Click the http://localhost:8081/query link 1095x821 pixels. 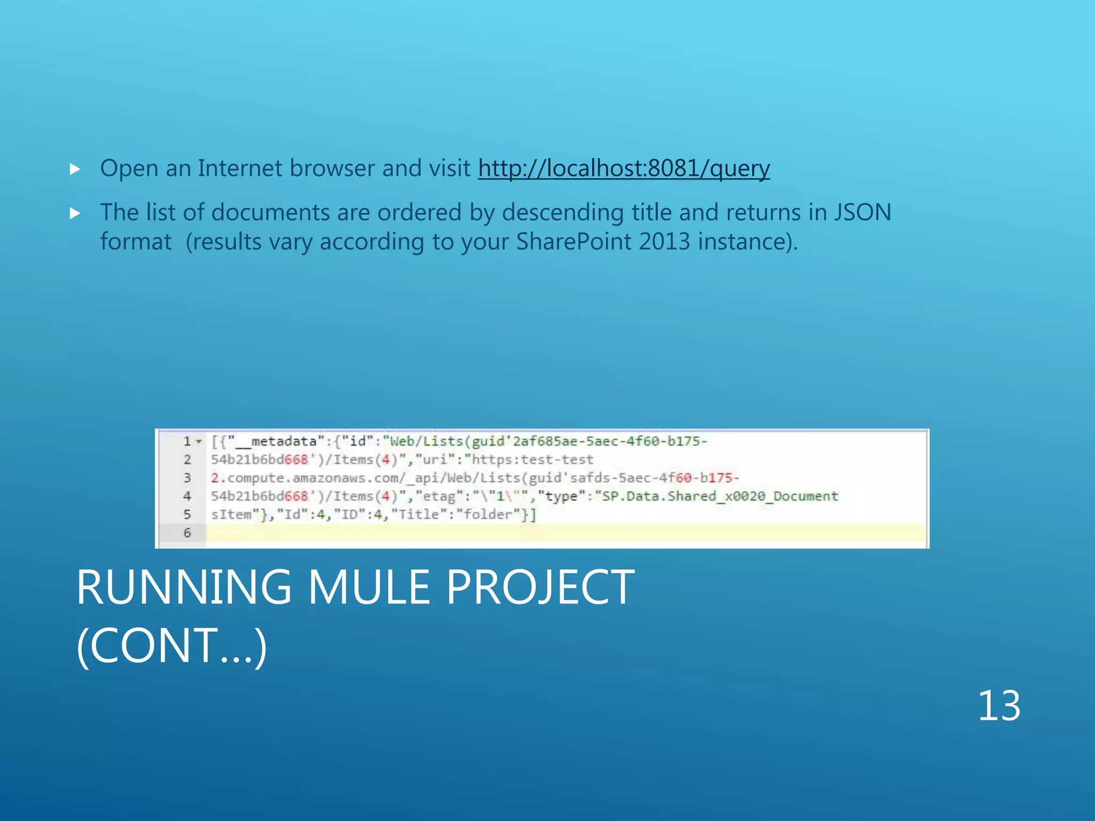pos(623,168)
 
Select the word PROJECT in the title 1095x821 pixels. pos(540,587)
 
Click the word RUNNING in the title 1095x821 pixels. pos(184,587)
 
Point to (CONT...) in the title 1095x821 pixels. pos(171,646)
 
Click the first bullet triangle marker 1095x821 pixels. pos(75,170)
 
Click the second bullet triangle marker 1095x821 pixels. pos(75,214)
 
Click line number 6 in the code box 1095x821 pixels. pos(187,532)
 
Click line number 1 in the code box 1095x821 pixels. pos(187,442)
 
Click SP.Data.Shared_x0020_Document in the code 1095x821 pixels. pos(720,496)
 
